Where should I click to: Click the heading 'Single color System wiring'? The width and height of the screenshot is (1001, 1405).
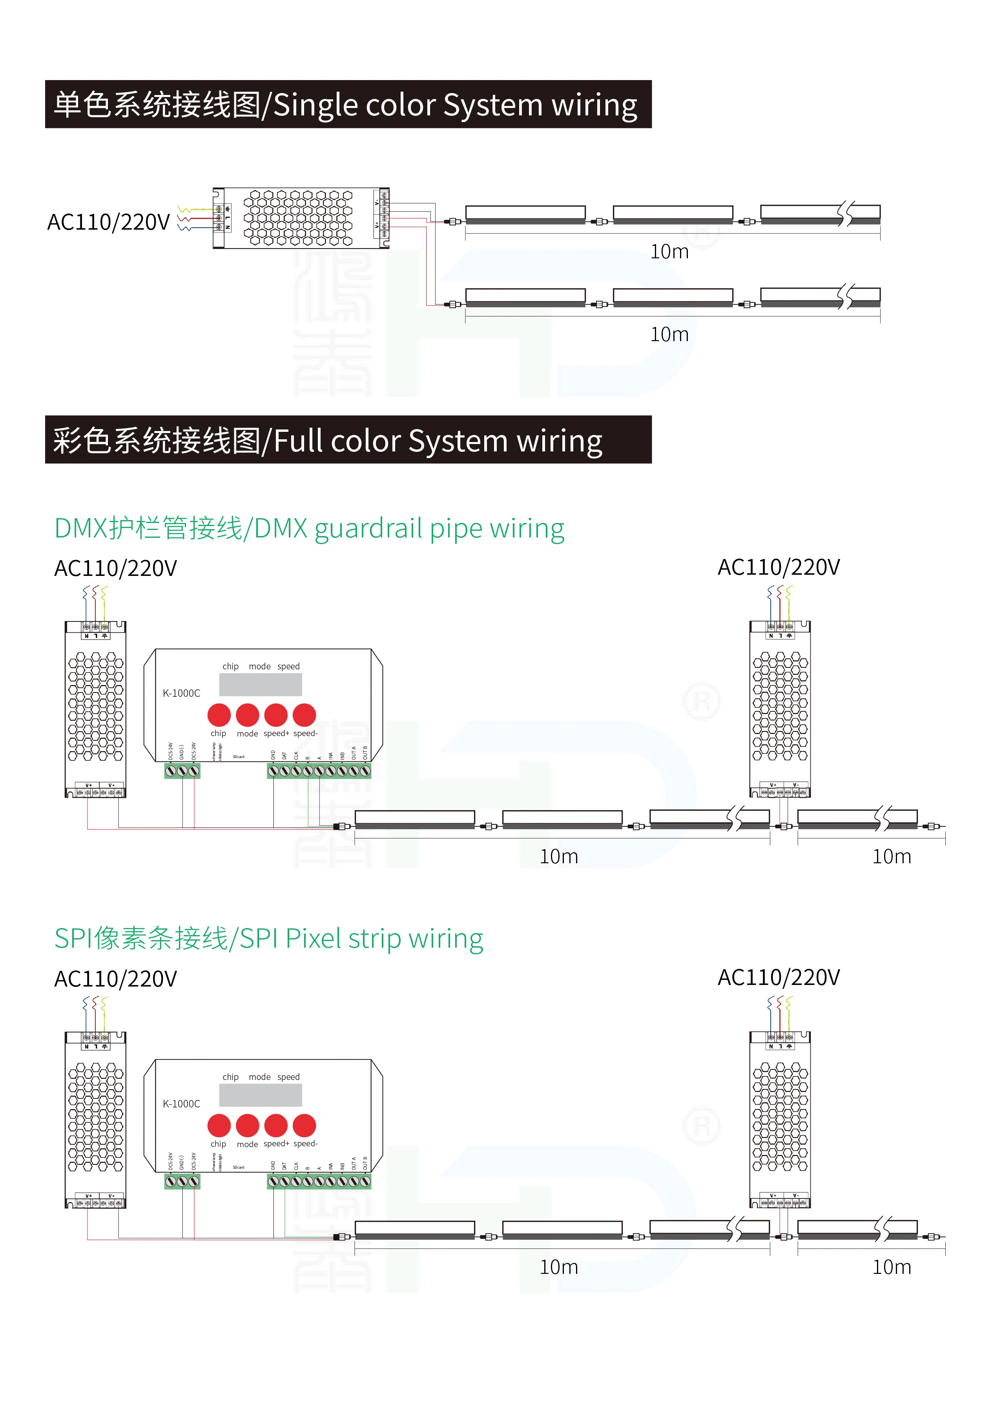point(348,104)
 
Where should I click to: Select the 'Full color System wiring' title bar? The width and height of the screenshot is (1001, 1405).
point(348,440)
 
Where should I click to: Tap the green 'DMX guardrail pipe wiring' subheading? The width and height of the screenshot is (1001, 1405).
point(309,528)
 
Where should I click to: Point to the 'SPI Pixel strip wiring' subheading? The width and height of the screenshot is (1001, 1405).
point(268,938)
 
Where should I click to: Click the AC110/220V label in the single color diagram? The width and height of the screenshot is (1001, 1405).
point(108,222)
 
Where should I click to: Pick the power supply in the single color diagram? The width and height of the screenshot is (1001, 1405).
point(301,218)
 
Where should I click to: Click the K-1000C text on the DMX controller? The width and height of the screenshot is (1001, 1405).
point(181,693)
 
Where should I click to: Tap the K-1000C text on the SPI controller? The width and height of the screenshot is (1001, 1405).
point(181,1104)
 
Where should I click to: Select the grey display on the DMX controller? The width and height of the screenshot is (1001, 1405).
point(260,684)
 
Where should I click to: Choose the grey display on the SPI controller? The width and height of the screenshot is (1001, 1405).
point(260,1095)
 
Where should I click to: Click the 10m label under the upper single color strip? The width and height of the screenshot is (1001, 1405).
point(669,252)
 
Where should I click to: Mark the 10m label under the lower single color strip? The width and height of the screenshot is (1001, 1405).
point(669,334)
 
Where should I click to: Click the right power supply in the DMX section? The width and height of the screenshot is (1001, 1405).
point(780,709)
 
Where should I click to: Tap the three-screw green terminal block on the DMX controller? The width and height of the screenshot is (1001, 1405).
point(182,771)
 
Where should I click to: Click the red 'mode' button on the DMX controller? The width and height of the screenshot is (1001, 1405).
point(247,715)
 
